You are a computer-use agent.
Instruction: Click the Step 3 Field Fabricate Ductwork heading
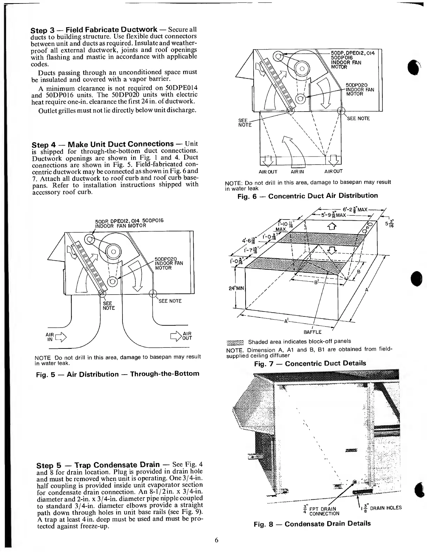(x=94, y=30)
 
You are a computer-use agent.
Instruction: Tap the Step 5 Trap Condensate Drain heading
(x=98, y=465)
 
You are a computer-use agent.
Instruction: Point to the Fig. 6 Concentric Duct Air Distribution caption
(x=307, y=196)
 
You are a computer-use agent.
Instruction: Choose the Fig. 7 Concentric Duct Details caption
(x=310, y=363)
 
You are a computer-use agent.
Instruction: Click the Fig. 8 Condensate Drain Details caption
(x=312, y=523)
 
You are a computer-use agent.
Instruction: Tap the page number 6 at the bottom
(x=216, y=540)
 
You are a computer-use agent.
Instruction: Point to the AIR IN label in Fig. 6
(x=298, y=171)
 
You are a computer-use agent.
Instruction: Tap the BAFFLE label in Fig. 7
(x=312, y=332)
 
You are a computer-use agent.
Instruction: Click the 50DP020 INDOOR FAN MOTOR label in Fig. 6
(x=359, y=89)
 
